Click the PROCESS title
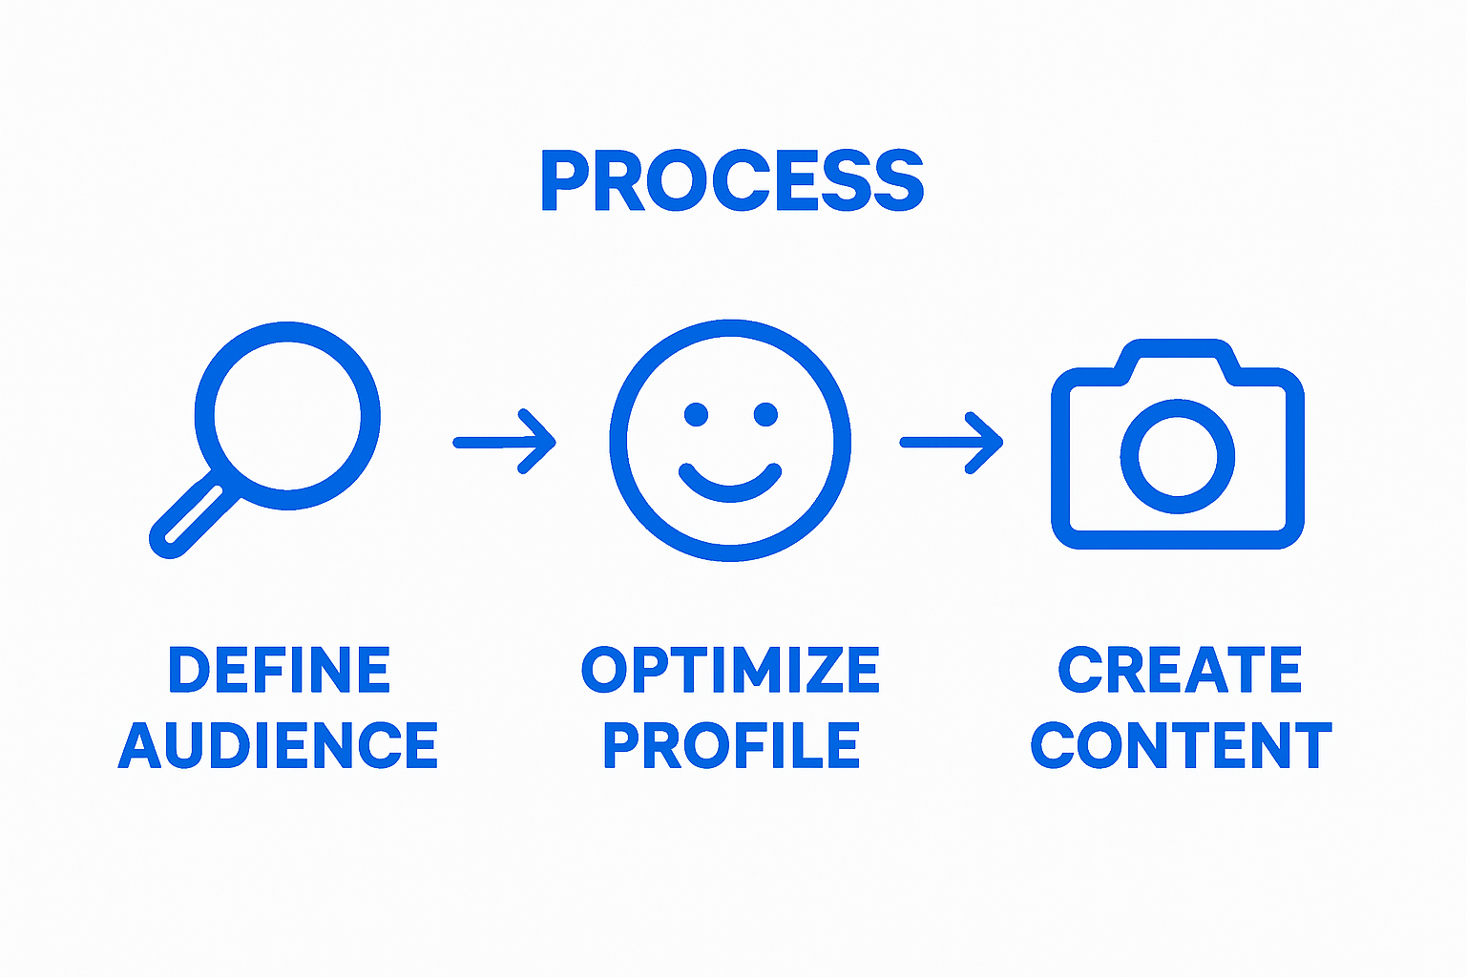coord(732,180)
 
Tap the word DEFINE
coord(280,669)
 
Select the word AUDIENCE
coord(278,745)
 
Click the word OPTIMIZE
coord(730,669)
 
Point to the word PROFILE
coord(731,745)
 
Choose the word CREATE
coord(1180,669)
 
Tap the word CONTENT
coord(1182,745)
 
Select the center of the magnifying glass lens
coord(287,416)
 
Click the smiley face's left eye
coord(696,414)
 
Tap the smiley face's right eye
coord(765,414)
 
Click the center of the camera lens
coord(1178,456)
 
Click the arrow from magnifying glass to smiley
coord(505,443)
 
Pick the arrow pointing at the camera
coord(952,443)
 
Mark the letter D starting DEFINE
coord(189,669)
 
